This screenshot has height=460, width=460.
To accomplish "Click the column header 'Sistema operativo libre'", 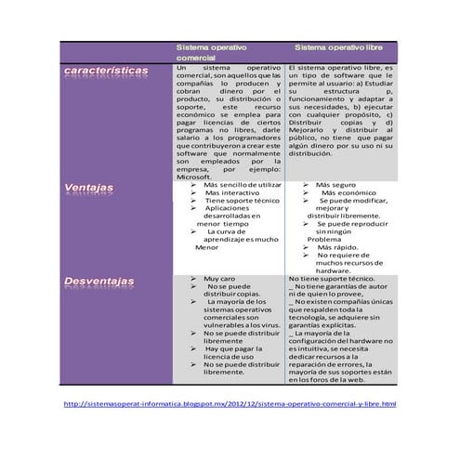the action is (x=338, y=46).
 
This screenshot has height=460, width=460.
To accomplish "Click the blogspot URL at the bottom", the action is (x=230, y=404).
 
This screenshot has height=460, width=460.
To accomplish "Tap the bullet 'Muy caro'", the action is (x=219, y=279).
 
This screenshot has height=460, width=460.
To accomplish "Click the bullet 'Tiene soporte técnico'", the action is (x=242, y=201).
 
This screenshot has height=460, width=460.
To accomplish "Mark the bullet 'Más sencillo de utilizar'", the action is (x=242, y=186).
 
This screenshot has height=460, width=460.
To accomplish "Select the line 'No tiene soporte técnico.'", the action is (x=331, y=279).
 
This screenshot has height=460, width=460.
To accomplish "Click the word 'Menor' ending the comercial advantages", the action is (x=206, y=248).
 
